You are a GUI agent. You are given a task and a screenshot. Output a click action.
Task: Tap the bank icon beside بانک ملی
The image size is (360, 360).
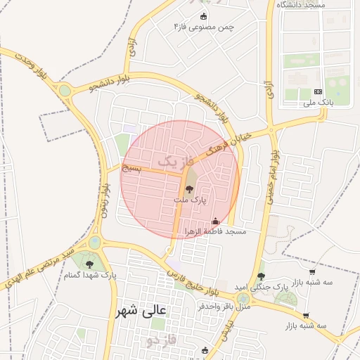coord(318,91)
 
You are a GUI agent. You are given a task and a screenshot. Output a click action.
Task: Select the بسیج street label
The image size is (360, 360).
coord(132,169)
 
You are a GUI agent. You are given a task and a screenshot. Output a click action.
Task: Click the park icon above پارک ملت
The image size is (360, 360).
coord(189,188)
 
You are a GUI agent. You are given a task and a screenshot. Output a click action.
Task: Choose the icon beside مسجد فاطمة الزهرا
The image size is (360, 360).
coord(214,221)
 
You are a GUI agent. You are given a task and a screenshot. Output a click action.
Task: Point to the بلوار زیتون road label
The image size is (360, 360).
coord(103,200)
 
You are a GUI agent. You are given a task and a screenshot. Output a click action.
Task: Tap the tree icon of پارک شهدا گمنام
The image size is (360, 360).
coord(89,264)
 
